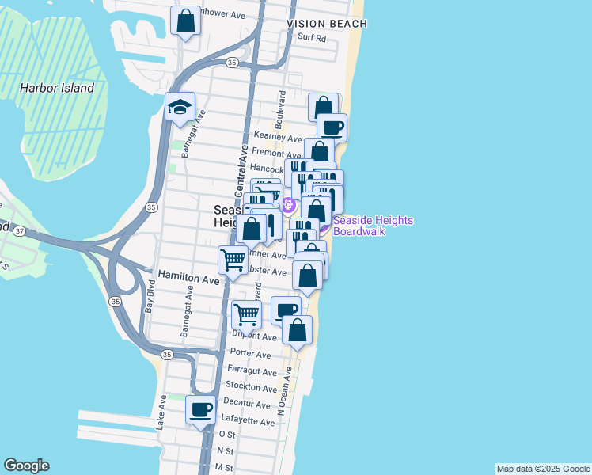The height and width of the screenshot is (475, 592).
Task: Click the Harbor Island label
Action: tap(57, 89)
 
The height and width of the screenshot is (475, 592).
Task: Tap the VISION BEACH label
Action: tap(327, 24)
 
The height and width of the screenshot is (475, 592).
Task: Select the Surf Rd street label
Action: tap(312, 38)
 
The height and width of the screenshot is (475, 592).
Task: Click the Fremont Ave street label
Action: tap(276, 153)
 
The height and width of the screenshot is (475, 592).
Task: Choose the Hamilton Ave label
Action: tap(188, 279)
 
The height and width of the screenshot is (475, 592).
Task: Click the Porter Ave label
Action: tap(250, 353)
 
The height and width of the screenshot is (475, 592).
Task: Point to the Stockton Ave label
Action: tap(251, 389)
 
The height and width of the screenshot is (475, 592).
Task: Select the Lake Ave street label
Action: tap(161, 412)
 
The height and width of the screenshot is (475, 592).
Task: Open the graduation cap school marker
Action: tap(180, 107)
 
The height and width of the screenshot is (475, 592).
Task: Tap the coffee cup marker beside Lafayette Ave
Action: tap(200, 410)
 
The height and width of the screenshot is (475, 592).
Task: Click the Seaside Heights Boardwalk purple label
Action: tap(373, 226)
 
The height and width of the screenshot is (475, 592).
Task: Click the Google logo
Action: tap(26, 465)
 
